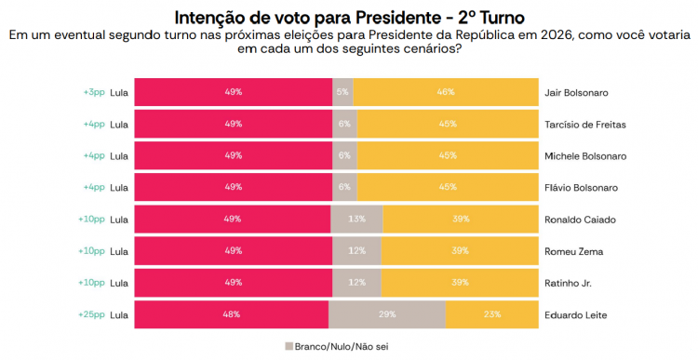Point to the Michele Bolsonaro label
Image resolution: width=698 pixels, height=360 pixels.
click(584, 156)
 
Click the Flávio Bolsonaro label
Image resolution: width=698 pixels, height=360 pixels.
click(581, 188)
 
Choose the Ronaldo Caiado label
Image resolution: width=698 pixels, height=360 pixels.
click(579, 220)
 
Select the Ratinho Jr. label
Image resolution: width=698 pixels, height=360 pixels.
click(569, 283)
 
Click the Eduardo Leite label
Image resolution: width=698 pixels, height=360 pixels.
click(575, 314)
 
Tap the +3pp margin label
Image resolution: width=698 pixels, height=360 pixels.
click(93, 93)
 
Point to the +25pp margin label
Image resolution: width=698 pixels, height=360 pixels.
click(91, 314)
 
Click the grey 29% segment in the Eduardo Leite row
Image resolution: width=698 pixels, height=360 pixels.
click(386, 314)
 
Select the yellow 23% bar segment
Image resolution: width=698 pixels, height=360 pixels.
click(491, 314)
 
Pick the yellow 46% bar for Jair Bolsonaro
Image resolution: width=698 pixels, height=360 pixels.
click(446, 93)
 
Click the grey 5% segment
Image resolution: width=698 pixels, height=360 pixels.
click(343, 93)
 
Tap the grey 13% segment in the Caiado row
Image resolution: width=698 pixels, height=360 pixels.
click(356, 220)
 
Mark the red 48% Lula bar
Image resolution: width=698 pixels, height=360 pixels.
click(232, 314)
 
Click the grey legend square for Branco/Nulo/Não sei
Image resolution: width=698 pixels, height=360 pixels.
click(289, 345)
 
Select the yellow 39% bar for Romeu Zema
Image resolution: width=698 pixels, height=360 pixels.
click(460, 251)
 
